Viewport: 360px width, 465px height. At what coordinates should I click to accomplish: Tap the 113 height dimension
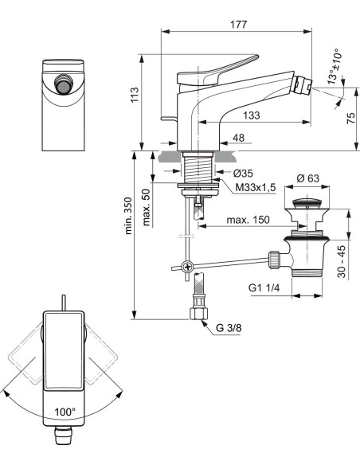pyautogui.click(x=135, y=96)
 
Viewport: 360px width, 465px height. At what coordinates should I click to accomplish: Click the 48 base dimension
pyautogui.click(x=237, y=138)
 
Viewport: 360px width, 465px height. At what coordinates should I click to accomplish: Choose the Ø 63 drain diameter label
pyautogui.click(x=307, y=178)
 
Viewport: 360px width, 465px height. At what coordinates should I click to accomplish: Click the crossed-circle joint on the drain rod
pyautogui.click(x=187, y=268)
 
